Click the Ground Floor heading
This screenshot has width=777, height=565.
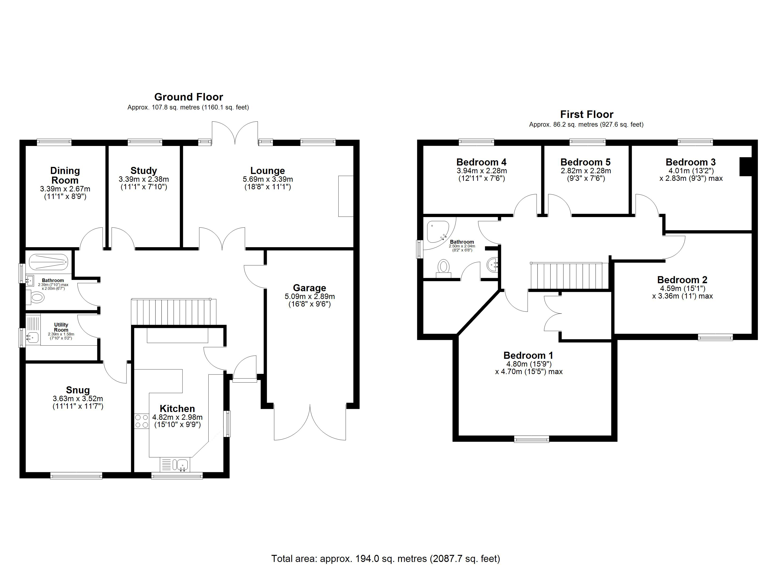pos(188,97)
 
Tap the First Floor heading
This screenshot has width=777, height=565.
pos(587,114)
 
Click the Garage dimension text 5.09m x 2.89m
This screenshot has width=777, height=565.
pos(310,296)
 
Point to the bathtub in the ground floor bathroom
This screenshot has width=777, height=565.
pos(49,262)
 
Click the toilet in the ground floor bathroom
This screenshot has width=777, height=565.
pos(35,297)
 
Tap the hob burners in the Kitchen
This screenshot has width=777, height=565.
pos(142,421)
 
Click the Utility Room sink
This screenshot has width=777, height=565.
pos(33,337)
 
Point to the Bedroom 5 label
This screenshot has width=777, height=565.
pos(586,162)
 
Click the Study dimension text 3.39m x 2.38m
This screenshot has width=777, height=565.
pos(144,179)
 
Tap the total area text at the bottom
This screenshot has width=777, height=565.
pos(386,559)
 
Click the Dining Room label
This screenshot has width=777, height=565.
pos(65,175)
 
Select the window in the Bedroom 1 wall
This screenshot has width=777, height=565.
pos(532,439)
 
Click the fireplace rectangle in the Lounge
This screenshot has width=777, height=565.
pos(346,196)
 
